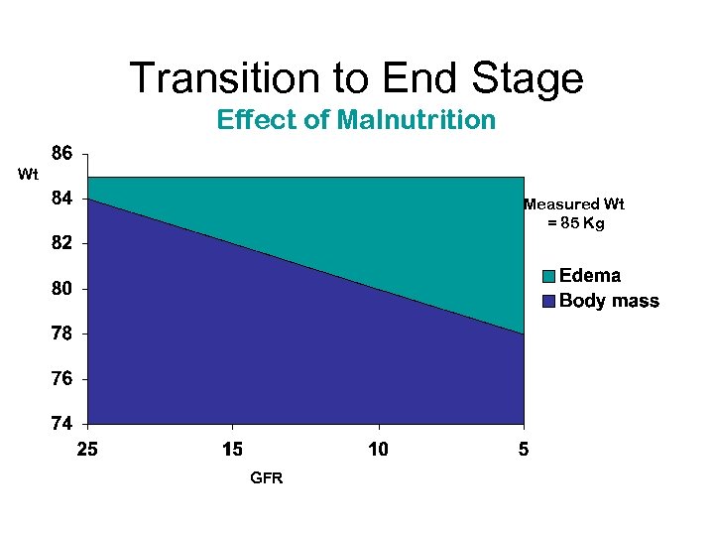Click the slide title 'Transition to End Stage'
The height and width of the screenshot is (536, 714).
coord(357,77)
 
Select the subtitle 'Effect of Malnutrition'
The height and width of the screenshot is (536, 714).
coord(356,120)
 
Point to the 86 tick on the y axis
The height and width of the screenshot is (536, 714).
coord(61,154)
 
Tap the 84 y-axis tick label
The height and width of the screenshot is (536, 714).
coord(61,199)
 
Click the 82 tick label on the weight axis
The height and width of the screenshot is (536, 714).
coord(61,243)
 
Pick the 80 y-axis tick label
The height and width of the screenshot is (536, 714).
coord(61,289)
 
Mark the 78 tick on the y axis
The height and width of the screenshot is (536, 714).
coord(61,335)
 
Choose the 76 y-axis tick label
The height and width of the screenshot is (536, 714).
coord(61,379)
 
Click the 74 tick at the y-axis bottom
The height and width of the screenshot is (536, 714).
coord(61,424)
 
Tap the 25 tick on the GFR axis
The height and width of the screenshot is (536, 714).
coord(87,450)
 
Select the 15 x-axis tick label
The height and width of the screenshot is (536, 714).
coord(232,450)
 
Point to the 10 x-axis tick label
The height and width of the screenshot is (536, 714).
coord(378,450)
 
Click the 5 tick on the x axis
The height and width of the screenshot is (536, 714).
coord(524,450)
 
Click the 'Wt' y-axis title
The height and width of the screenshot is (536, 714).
coord(28,176)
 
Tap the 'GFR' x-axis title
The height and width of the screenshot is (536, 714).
coord(267,478)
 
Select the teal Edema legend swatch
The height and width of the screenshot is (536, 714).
coord(548,277)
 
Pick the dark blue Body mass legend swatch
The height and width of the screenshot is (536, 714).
coord(548,301)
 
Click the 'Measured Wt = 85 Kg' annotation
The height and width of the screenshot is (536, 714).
coord(575,214)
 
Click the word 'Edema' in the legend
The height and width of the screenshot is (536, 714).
coord(591,277)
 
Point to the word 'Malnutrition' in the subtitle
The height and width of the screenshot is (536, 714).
coord(416,120)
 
